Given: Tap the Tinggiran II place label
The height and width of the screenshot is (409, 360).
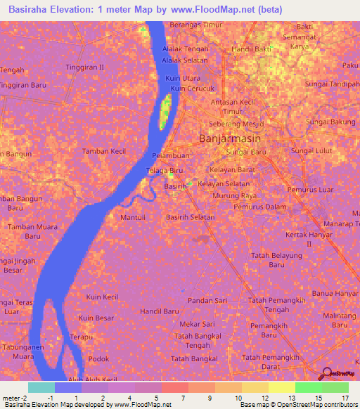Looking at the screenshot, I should pos(84,67).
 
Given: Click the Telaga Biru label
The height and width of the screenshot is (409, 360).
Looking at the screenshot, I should pos(169,171).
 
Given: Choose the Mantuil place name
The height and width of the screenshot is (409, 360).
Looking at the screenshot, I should pos(134,218).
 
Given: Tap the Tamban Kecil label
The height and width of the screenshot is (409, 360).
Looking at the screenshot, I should pos(103,151).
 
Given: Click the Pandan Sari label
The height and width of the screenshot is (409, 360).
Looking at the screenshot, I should pos(207,300).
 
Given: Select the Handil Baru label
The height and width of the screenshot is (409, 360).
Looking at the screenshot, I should pos(159,311).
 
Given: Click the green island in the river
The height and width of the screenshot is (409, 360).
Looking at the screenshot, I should pos(166,112).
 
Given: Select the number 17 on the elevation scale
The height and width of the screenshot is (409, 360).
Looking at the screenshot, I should pos(344,398).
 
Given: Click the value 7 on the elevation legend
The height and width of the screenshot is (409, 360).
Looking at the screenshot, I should pos(183,398).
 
